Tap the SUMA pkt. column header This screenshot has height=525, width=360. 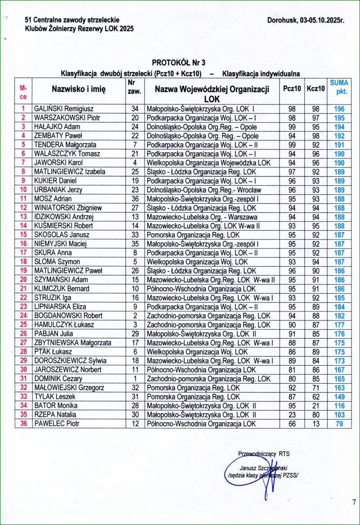tap(339, 88)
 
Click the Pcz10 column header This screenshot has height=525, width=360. tap(292, 88)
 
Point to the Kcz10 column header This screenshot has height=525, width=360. tap(316, 88)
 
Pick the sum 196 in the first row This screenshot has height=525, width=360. tap(339, 109)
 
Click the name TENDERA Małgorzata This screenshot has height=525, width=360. tap(65, 144)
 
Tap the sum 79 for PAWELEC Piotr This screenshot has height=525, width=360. tap(339, 424)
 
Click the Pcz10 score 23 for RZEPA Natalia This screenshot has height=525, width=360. tap(292, 415)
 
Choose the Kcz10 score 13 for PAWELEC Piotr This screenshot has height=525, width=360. tap(316, 424)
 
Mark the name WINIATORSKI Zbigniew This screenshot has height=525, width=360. tap(68, 208)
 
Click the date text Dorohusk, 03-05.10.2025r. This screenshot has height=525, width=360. tap(306, 20)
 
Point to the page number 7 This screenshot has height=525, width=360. tap(353, 502)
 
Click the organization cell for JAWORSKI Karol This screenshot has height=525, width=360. tap(208, 162)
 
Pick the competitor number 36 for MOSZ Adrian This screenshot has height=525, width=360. tap(135, 199)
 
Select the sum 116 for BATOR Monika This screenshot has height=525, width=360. tap(339, 406)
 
